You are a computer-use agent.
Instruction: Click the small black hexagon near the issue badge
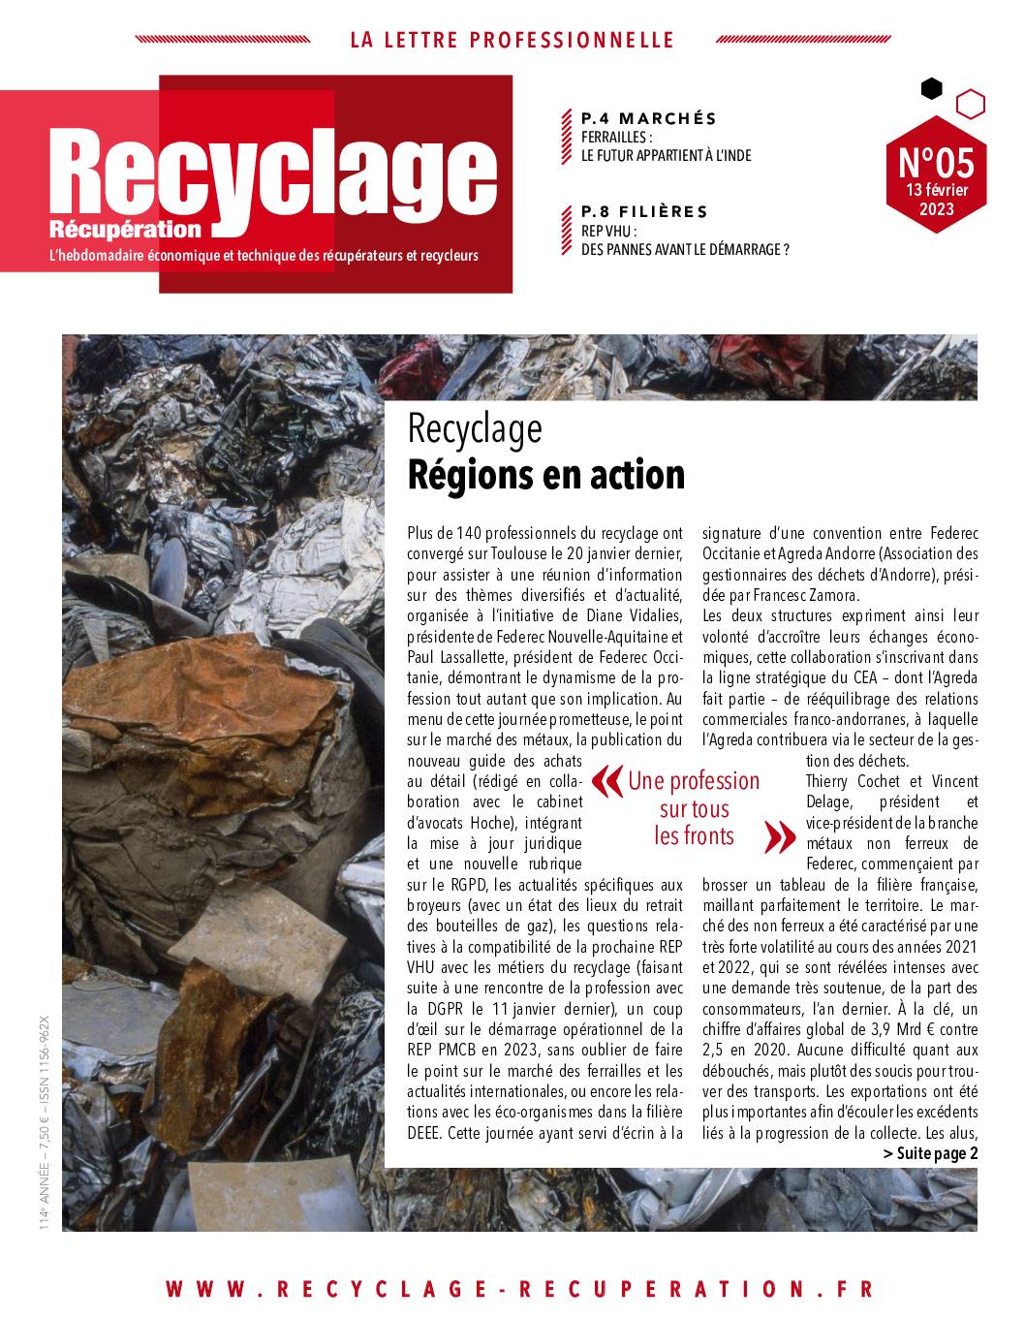coord(931,89)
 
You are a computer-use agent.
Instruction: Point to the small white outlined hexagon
coord(970,103)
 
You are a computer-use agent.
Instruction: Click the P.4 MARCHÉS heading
coord(648,118)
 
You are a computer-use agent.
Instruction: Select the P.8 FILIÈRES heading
coord(643,211)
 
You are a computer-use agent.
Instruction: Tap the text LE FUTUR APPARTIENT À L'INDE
coord(666,155)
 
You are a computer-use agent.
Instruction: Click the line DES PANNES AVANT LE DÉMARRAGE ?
coord(685,249)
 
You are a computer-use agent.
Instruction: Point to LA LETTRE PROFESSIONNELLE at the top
coord(512,40)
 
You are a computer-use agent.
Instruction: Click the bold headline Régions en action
coord(546,475)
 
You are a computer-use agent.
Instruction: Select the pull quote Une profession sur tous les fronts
coord(694,808)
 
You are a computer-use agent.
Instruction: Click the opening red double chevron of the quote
coord(606,779)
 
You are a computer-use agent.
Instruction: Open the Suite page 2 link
coord(930,1153)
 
